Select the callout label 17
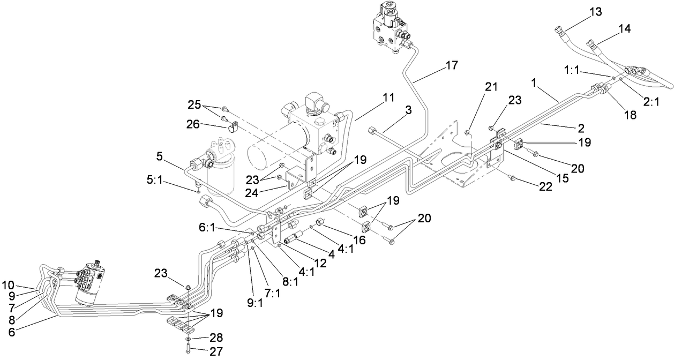click(451, 66)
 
